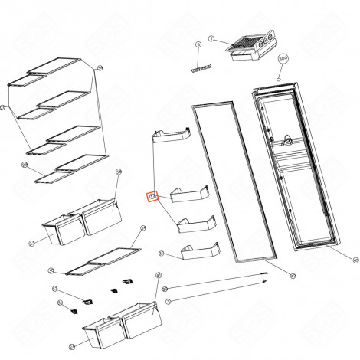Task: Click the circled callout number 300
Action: (x=282, y=57)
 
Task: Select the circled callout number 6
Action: (x=198, y=46)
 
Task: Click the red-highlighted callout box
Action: (x=152, y=196)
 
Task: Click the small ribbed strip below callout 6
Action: (x=201, y=68)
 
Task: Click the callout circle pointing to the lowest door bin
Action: (x=162, y=253)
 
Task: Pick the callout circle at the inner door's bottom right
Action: (x=334, y=260)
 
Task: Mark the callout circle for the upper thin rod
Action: (x=165, y=289)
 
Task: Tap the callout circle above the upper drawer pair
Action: (x=119, y=172)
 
